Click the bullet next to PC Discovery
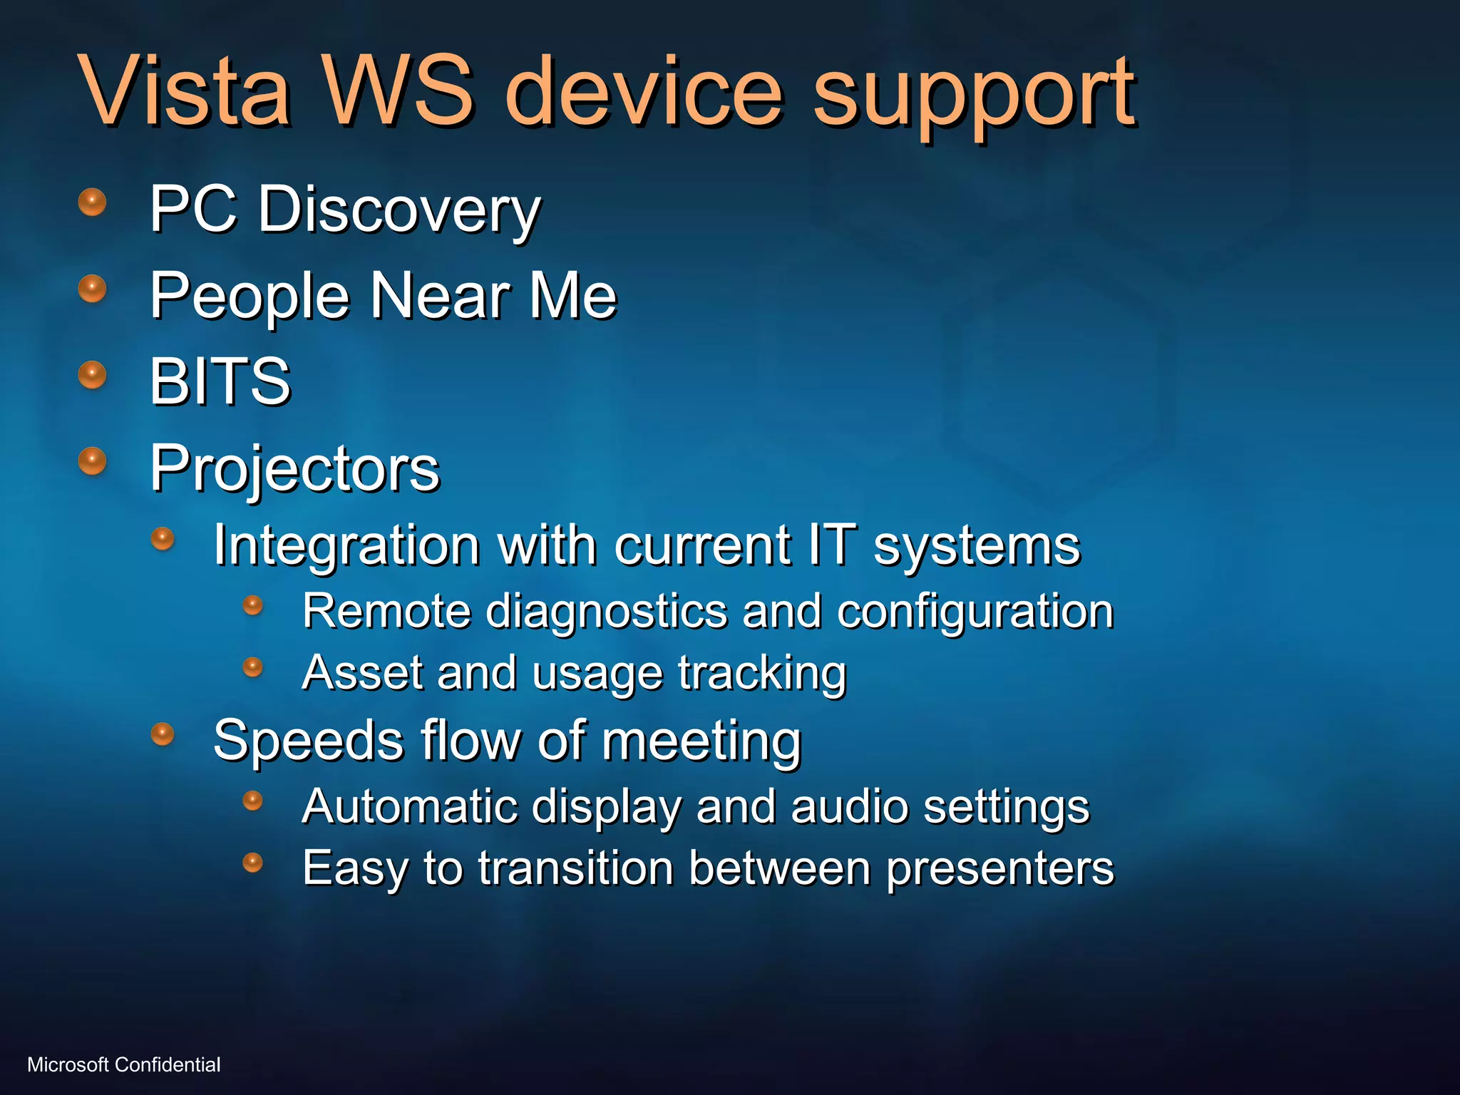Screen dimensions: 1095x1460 92,202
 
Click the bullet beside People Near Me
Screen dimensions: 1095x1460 92,289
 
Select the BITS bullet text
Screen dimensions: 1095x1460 220,381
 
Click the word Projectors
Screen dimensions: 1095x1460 294,468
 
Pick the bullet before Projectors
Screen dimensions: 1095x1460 92,461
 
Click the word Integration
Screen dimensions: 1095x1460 346,545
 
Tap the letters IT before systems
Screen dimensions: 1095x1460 831,545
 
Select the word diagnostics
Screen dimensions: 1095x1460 605,612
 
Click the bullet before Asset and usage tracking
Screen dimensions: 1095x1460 252,667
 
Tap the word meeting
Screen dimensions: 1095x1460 701,741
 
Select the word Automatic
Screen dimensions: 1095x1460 409,806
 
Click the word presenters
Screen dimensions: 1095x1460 999,868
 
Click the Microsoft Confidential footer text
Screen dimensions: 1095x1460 124,1064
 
